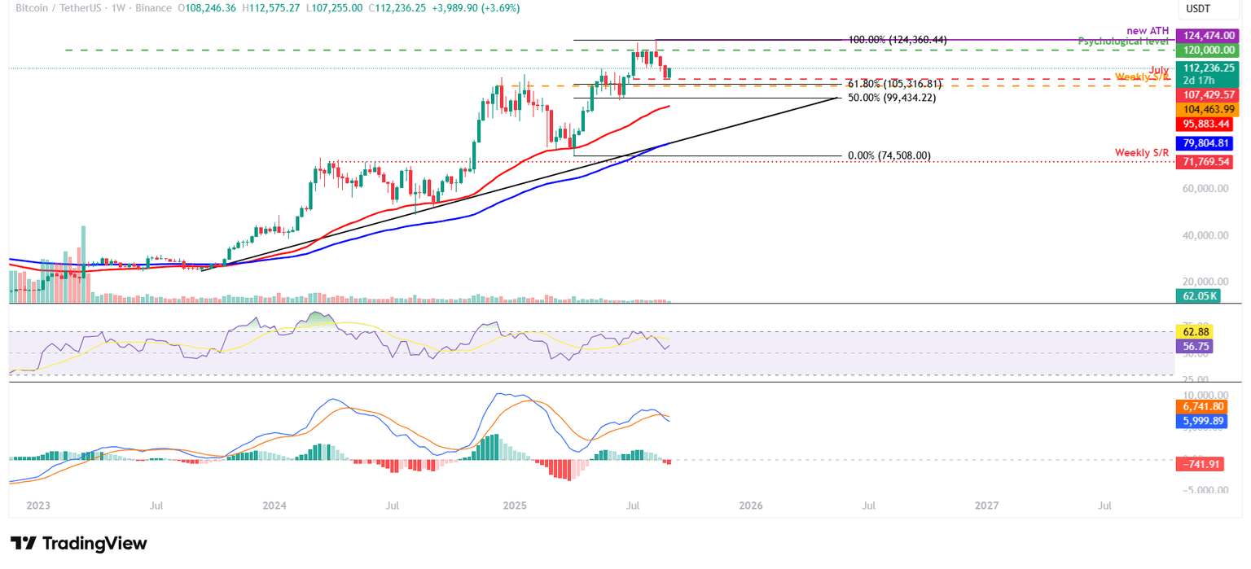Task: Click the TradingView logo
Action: (78, 544)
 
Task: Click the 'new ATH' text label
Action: (1148, 31)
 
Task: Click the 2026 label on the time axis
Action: (750, 506)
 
